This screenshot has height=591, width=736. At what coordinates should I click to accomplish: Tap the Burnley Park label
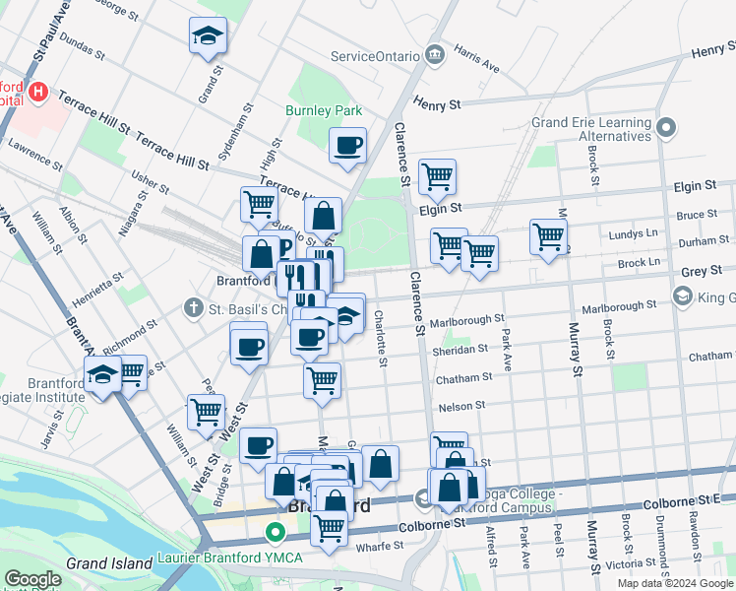[x=324, y=110]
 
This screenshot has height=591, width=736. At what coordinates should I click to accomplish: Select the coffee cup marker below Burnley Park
[x=347, y=147]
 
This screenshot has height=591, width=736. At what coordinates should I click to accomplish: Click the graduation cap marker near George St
[x=208, y=36]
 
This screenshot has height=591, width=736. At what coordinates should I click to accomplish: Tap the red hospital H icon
[x=38, y=93]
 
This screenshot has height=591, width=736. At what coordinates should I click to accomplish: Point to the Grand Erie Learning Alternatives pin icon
[x=667, y=128]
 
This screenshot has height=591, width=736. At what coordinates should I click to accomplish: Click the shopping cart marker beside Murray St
[x=548, y=236]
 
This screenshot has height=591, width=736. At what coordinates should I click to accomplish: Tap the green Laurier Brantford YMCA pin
[x=276, y=536]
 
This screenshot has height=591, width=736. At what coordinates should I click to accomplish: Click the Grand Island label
[x=105, y=563]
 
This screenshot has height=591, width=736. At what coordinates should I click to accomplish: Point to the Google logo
[x=31, y=579]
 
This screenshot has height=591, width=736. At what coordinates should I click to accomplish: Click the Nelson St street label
[x=461, y=405]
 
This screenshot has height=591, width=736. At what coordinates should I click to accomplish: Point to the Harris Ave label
[x=476, y=62]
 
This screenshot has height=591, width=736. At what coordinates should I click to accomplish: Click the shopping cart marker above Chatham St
[x=322, y=379]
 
